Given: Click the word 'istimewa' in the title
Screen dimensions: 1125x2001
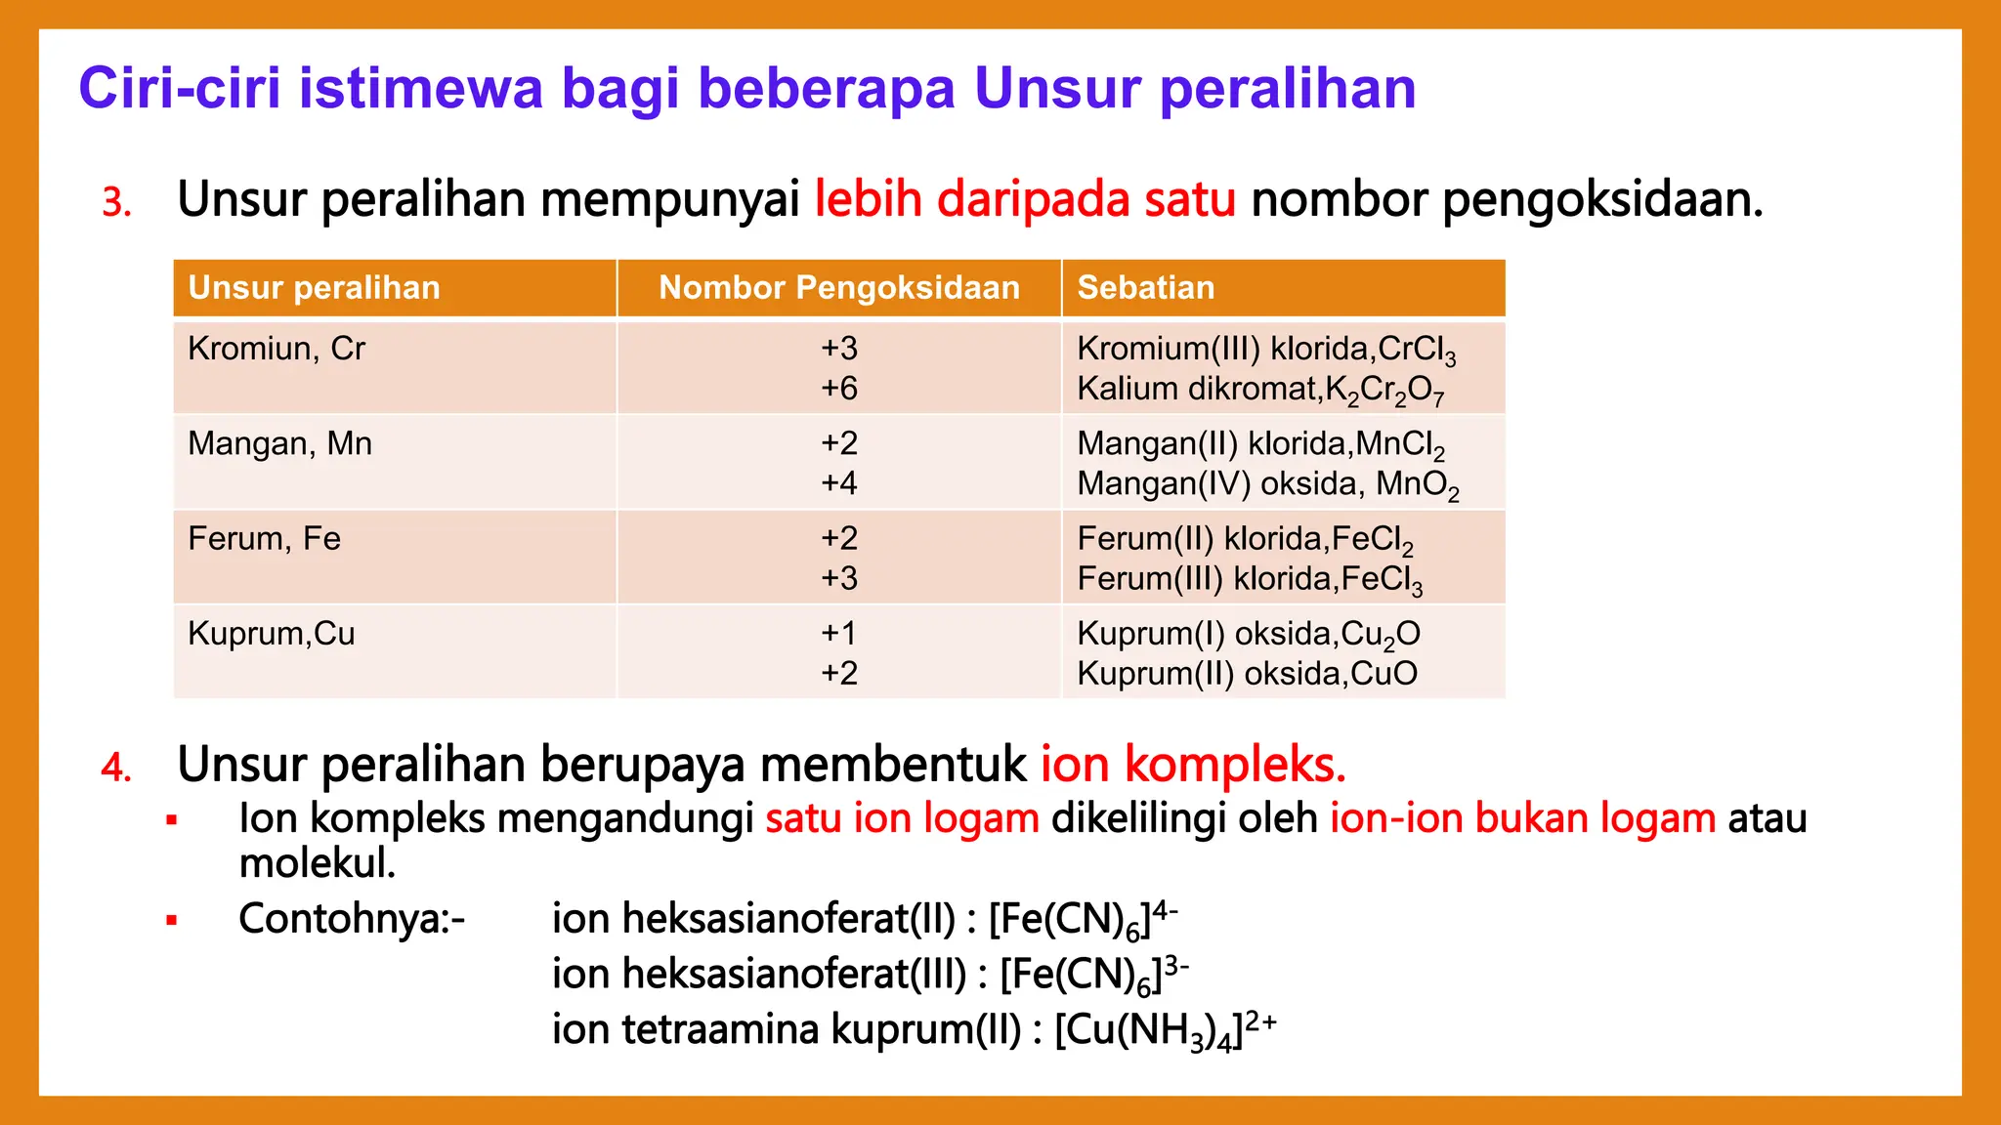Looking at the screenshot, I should pyautogui.click(x=420, y=88).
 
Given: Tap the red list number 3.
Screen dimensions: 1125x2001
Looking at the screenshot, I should pyautogui.click(x=115, y=202).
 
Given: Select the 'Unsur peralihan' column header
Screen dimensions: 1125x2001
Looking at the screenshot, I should pyautogui.click(x=314, y=288).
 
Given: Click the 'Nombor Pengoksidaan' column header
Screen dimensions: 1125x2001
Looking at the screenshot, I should pyautogui.click(x=839, y=288).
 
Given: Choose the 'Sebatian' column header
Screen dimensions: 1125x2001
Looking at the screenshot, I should pyautogui.click(x=1145, y=288).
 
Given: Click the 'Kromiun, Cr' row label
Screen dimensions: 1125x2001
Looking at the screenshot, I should pyautogui.click(x=276, y=349).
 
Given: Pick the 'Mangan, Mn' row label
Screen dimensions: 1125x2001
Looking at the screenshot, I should pyautogui.click(x=279, y=444).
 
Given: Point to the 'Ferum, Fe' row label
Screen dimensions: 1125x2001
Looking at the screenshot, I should pyautogui.click(x=264, y=539).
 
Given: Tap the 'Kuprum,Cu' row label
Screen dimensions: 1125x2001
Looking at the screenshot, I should pyautogui.click(x=271, y=634).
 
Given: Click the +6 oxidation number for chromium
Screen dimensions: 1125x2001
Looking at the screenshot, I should pyautogui.click(x=838, y=389).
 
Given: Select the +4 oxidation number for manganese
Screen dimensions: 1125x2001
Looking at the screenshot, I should pyautogui.click(x=838, y=483).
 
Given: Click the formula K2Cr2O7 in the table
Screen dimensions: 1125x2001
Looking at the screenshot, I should pyautogui.click(x=1384, y=391).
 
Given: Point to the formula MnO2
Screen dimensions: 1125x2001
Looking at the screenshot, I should pyautogui.click(x=1418, y=485).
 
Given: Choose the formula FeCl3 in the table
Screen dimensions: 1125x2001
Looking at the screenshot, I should pyautogui.click(x=1382, y=580).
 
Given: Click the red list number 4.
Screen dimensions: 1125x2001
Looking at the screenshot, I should pyautogui.click(x=115, y=768).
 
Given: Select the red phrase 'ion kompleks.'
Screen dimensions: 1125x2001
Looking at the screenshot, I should pyautogui.click(x=1193, y=765).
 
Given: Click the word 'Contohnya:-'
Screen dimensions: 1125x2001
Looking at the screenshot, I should pyautogui.click(x=352, y=919).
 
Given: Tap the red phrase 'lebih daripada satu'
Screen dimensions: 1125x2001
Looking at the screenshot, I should pyautogui.click(x=1025, y=199).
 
